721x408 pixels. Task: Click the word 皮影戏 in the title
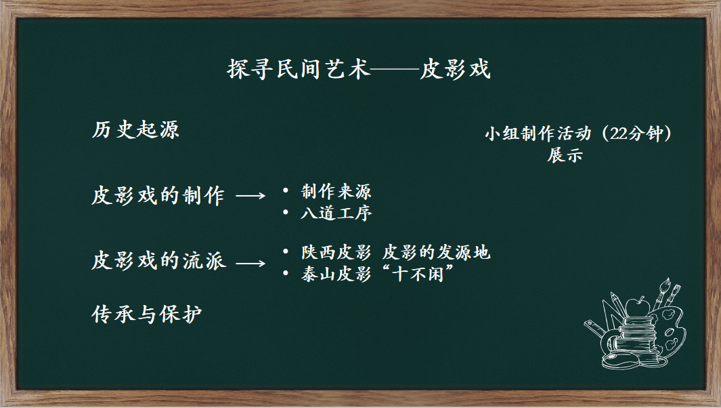tap(455, 69)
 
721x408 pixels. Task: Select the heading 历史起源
tap(135, 130)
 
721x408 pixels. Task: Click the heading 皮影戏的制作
tap(158, 195)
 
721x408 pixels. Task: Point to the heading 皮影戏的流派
tap(158, 261)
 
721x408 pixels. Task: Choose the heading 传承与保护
tap(147, 314)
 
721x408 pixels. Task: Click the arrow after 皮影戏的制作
tap(250, 196)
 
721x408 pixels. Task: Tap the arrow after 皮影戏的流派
tap(250, 264)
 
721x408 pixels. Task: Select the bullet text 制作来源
tap(336, 192)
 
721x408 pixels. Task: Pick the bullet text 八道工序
tap(336, 213)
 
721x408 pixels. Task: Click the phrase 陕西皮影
tap(336, 252)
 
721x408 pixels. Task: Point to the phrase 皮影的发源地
tap(436, 252)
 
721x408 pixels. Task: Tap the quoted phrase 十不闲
tap(418, 274)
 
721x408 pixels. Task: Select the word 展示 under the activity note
tap(565, 155)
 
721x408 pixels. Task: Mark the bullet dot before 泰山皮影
tap(286, 274)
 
